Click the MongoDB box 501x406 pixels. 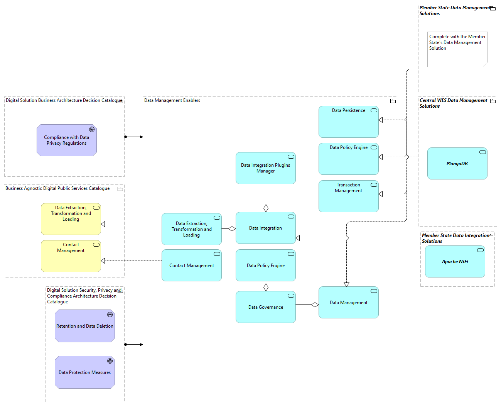coord(457,164)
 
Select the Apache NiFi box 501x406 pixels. coord(455,262)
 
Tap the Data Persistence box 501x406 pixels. coord(348,122)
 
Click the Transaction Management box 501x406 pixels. coord(348,196)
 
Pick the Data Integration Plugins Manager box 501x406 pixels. coord(265,168)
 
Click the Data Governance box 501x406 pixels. coord(265,307)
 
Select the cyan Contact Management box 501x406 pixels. coord(191,266)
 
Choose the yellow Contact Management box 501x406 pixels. coord(71,256)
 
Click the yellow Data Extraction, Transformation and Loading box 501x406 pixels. coord(71,219)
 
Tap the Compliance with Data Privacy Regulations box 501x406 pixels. coord(66,140)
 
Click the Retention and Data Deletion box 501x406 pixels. coord(84,326)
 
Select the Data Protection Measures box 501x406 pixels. coord(84,372)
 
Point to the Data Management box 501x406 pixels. coord(348,303)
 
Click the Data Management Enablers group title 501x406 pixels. coord(172,100)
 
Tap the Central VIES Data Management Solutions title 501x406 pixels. coord(453,103)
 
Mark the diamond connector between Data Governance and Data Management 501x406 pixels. coord(315,305)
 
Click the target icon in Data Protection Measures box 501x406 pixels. coord(110,361)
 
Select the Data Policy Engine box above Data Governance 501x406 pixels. coord(265,266)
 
